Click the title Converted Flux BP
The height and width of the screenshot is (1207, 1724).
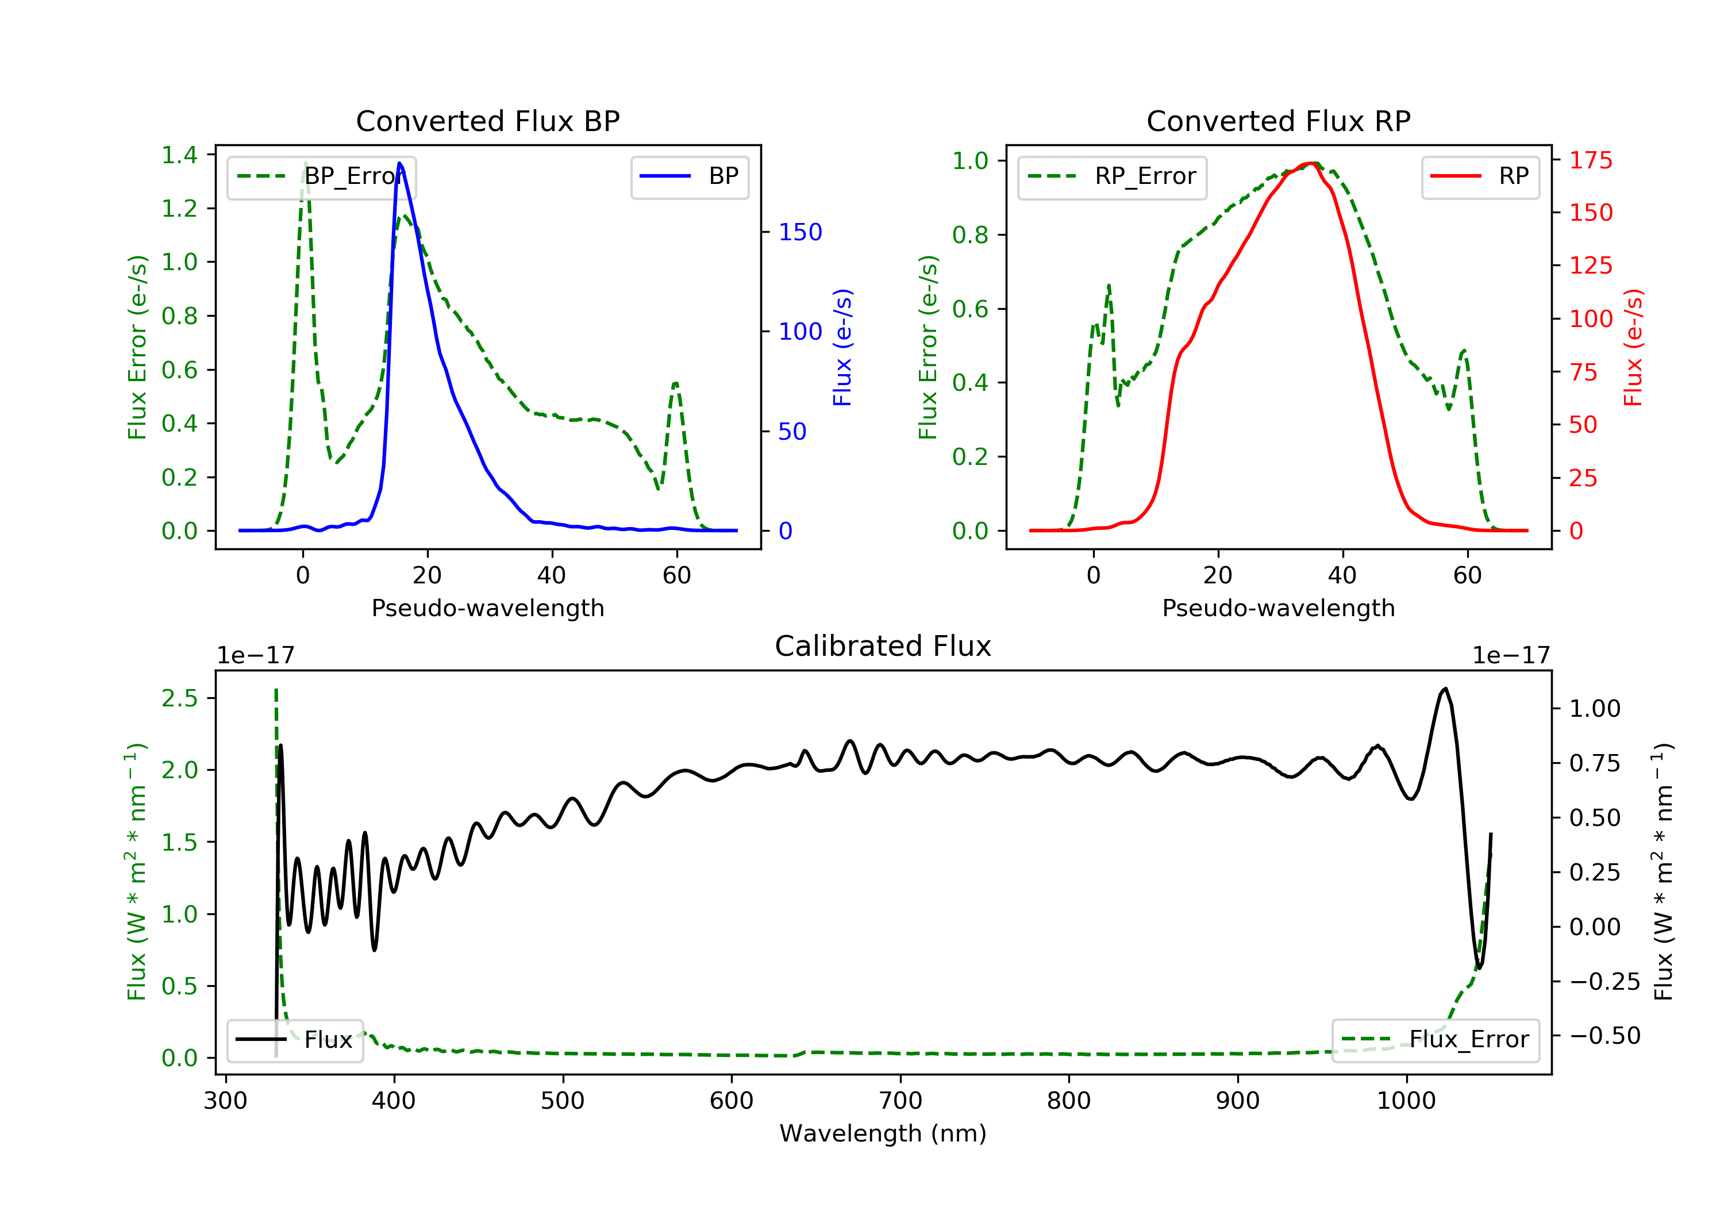[487, 121]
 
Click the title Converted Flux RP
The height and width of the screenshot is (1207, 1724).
[1278, 121]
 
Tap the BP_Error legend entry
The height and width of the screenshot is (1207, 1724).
[321, 176]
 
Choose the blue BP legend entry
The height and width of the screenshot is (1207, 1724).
[689, 176]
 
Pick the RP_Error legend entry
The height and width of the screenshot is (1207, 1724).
[1111, 176]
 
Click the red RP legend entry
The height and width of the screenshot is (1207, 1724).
[1480, 176]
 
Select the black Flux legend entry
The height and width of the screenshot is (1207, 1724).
[295, 1040]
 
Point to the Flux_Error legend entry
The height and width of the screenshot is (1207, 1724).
[1435, 1040]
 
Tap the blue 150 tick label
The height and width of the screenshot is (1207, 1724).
[800, 232]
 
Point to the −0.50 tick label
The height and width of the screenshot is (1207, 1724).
[1604, 1036]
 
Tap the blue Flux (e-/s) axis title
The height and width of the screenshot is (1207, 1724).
[842, 347]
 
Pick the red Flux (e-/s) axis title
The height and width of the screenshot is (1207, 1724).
[1633, 347]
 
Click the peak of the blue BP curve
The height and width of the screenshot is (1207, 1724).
[399, 163]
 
